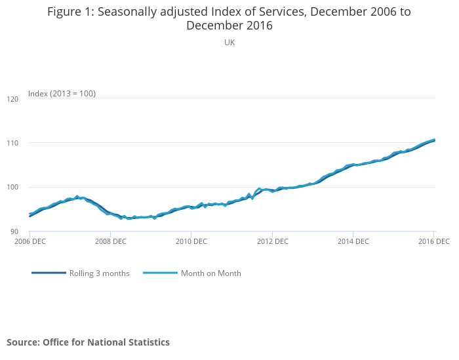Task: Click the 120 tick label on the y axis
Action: pyautogui.click(x=13, y=99)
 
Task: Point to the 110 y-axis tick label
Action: pyautogui.click(x=13, y=143)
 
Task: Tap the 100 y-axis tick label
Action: pyautogui.click(x=13, y=188)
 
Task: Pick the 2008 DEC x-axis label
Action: pyautogui.click(x=111, y=241)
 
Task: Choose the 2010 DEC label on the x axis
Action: pyautogui.click(x=191, y=241)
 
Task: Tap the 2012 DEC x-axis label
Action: pyautogui.click(x=272, y=241)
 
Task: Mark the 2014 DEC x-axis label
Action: pyautogui.click(x=353, y=241)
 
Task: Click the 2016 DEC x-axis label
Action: pyautogui.click(x=433, y=241)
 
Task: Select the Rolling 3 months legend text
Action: pyautogui.click(x=100, y=273)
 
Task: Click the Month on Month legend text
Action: pyautogui.click(x=210, y=273)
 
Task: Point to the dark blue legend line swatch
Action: pyautogui.click(x=49, y=273)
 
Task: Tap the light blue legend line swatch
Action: pyautogui.click(x=161, y=273)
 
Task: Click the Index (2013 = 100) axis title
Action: pyautogui.click(x=62, y=94)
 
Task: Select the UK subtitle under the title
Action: pyautogui.click(x=229, y=42)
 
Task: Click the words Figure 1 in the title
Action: pyautogui.click(x=70, y=12)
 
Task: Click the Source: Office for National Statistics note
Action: pyautogui.click(x=88, y=342)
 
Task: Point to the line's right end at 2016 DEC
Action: pyautogui.click(x=434, y=140)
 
